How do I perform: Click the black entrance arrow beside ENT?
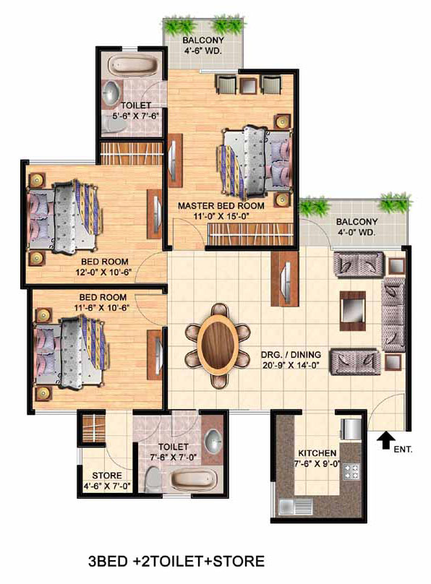click(x=385, y=440)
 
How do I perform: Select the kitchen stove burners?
click(x=351, y=471)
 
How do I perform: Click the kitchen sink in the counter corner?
click(x=291, y=506)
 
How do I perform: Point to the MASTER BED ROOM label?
click(x=221, y=205)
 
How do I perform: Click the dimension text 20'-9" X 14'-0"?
click(x=291, y=366)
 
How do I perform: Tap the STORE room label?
click(x=107, y=476)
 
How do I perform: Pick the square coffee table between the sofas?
click(x=352, y=311)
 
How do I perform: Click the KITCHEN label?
click(x=317, y=453)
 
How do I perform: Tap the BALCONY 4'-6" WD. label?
click(x=203, y=45)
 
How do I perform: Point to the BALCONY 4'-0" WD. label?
click(x=357, y=227)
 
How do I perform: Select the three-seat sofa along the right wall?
click(x=393, y=314)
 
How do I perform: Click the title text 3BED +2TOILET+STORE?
click(x=176, y=561)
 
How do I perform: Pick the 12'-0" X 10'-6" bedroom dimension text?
click(x=104, y=272)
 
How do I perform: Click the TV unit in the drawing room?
click(x=286, y=278)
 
